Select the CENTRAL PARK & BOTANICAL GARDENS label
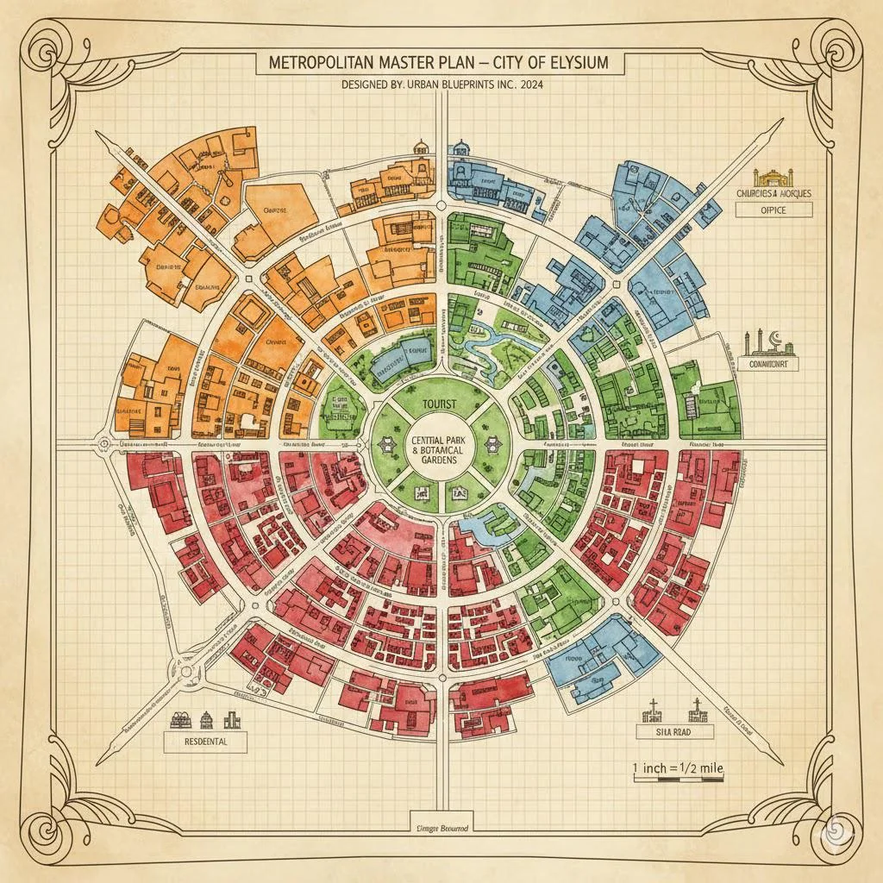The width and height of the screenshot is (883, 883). tap(441, 451)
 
